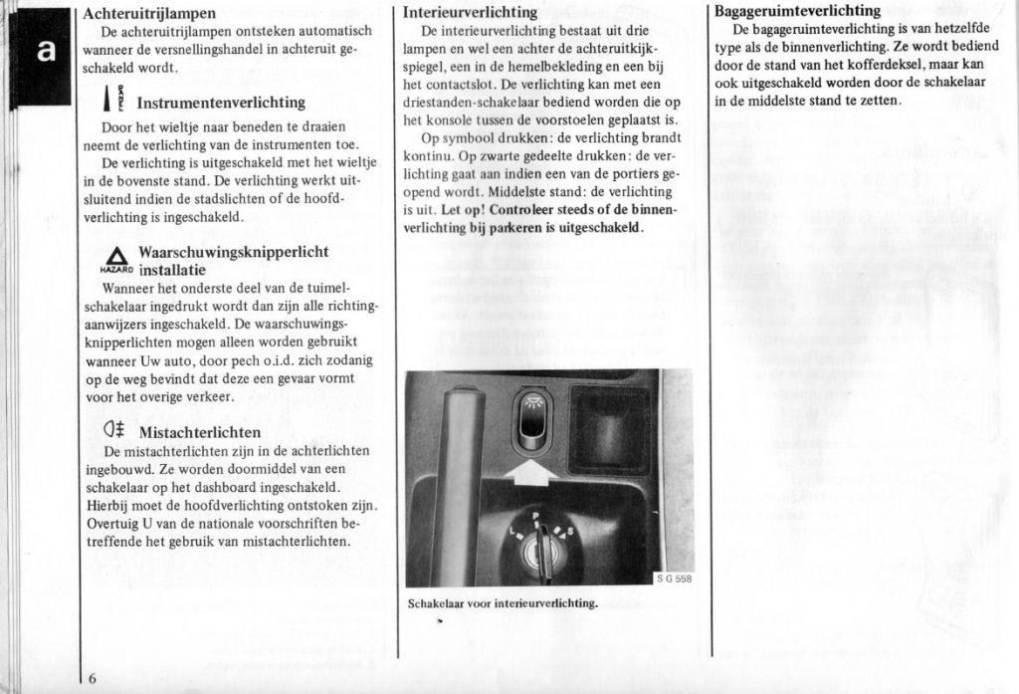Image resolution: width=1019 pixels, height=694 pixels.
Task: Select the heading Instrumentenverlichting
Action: (x=221, y=103)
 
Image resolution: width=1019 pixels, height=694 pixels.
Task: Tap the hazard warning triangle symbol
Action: (x=116, y=257)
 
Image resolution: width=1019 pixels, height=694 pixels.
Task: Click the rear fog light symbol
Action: (x=113, y=431)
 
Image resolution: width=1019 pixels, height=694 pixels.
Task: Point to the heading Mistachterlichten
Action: (x=200, y=432)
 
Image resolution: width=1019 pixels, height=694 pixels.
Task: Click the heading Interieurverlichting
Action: (x=471, y=13)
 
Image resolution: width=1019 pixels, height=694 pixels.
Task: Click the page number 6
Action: (x=92, y=679)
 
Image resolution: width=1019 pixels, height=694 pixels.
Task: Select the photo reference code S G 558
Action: (x=674, y=578)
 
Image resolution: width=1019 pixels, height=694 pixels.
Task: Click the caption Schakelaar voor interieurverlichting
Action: (x=503, y=602)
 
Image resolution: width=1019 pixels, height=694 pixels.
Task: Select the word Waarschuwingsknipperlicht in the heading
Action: (x=234, y=252)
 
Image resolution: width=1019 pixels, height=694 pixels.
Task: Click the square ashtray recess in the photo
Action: (x=610, y=428)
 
